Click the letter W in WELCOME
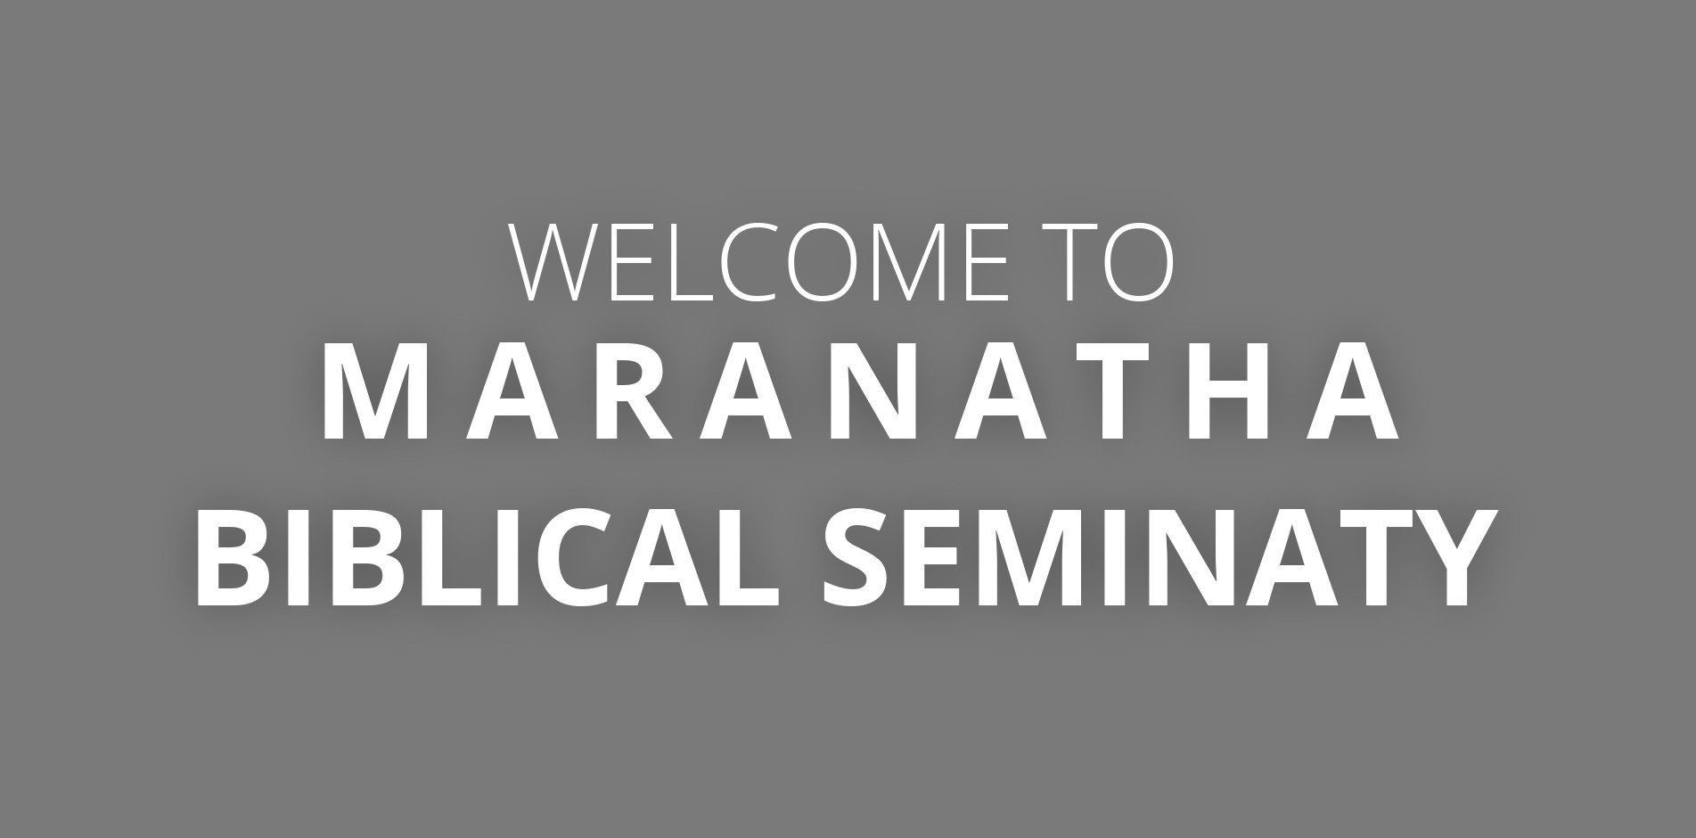coord(554,261)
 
